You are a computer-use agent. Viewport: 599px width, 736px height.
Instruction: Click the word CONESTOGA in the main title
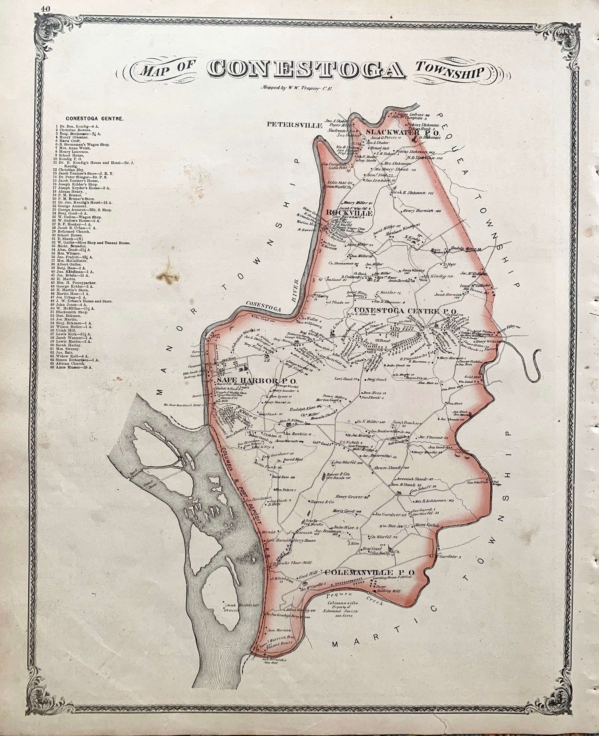(x=306, y=70)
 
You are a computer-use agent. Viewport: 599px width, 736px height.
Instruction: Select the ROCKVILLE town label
(x=349, y=213)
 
